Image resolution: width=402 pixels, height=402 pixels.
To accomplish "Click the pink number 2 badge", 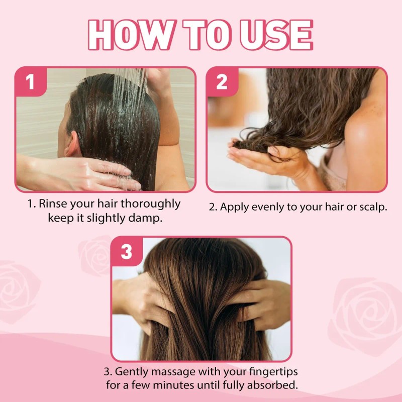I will pos(222,82).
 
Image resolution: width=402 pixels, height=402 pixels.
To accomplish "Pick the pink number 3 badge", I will pos(126,252).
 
